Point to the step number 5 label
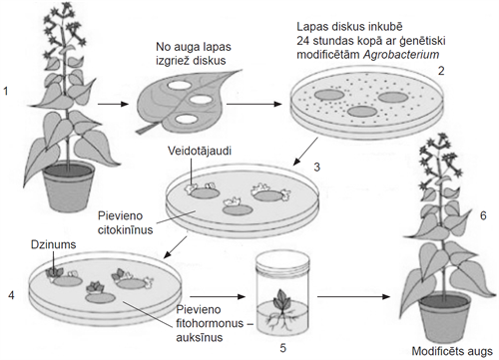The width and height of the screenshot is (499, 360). pyautogui.click(x=282, y=348)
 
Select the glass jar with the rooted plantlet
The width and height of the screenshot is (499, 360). pyautogui.click(x=282, y=293)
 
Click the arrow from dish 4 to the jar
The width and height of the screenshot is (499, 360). pyautogui.click(x=215, y=296)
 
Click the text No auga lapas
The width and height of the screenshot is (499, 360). pyautogui.click(x=188, y=47)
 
